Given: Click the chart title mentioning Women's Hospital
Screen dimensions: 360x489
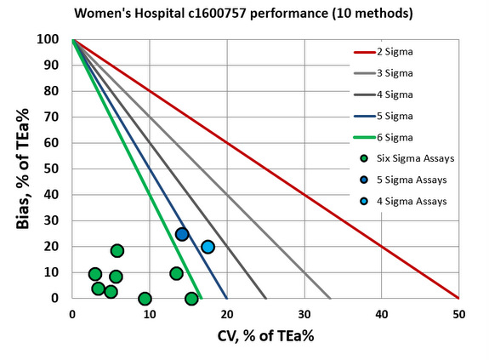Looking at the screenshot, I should [244, 14].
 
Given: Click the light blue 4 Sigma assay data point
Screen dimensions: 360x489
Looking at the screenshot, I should [208, 247].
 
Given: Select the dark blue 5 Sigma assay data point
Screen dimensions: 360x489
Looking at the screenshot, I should [182, 234].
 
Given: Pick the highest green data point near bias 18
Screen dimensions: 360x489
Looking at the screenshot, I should [117, 250].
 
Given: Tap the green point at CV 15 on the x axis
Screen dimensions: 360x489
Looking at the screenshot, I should [191, 299].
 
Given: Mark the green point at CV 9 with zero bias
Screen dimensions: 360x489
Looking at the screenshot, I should [145, 299].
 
